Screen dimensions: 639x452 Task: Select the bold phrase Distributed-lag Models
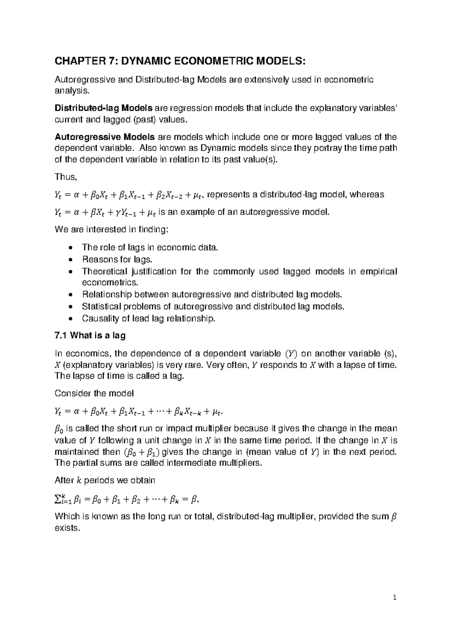[x=104, y=109]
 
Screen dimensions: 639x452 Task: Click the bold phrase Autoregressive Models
[x=105, y=136]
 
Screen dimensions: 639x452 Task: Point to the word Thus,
[x=66, y=177]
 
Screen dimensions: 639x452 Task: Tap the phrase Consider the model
[x=94, y=393]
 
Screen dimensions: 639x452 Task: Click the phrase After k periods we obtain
[x=105, y=480]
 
